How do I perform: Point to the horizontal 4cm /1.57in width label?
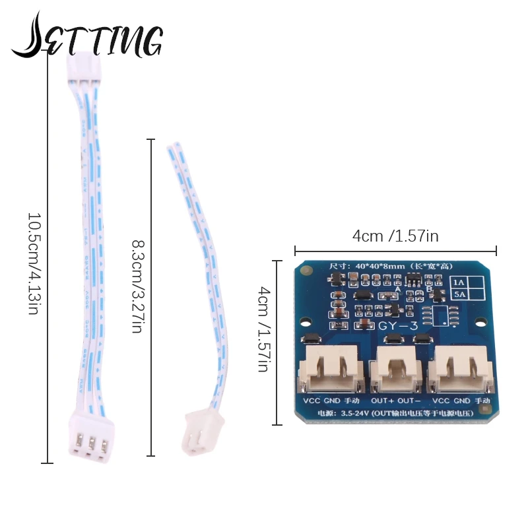point(395,236)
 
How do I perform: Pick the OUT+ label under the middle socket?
point(382,401)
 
